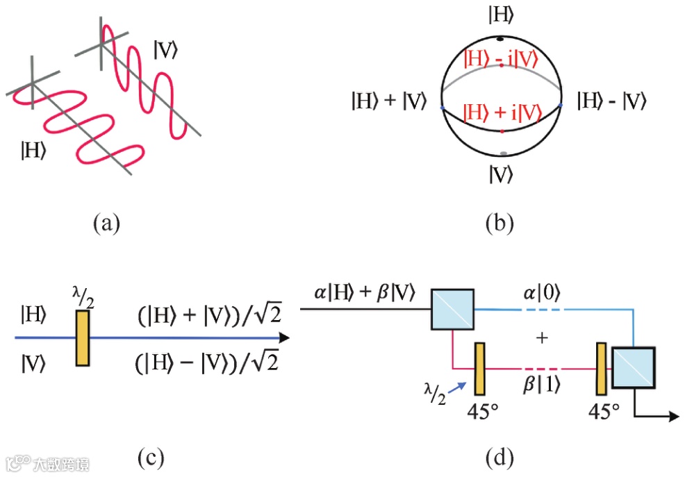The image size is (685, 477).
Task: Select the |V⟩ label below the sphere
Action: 500,174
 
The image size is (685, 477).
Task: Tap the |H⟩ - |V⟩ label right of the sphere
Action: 612,102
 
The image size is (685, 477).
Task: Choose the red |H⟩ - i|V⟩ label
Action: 501,60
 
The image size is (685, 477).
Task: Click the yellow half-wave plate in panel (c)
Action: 83,338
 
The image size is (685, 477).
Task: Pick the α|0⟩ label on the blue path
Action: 542,294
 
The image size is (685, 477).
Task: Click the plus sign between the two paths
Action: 542,338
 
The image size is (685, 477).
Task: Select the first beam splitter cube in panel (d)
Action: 453,309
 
